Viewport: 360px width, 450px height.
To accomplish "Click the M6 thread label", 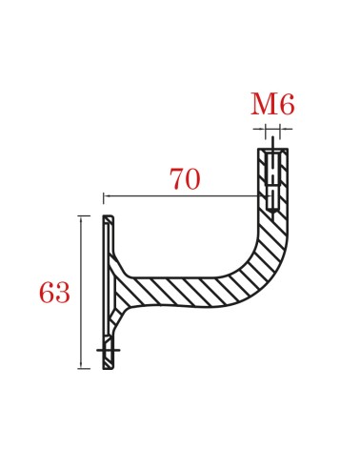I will (x=271, y=104).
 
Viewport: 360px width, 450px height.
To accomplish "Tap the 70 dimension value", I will (x=185, y=179).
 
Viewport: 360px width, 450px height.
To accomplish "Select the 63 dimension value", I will (x=54, y=294).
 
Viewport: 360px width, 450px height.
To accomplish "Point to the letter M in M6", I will (x=263, y=104).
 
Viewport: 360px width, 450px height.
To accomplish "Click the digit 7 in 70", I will (x=177, y=179).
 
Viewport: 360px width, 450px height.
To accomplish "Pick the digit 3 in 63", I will (x=62, y=294).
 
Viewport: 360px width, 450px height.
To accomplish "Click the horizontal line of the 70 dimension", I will (x=181, y=196).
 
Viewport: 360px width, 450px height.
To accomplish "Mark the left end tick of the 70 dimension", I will (x=104, y=197).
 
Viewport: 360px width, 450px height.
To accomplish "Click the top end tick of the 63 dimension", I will (x=84, y=216).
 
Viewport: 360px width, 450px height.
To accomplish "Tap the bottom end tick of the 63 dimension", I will (x=84, y=368).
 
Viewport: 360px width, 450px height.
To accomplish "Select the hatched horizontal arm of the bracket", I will (x=181, y=292).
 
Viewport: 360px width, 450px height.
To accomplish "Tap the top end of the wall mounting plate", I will (x=108, y=219).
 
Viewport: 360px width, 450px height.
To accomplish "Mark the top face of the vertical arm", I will (x=272, y=149).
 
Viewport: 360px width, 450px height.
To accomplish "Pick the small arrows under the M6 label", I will (x=272, y=128).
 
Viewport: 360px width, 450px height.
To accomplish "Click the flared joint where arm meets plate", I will (x=120, y=286).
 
